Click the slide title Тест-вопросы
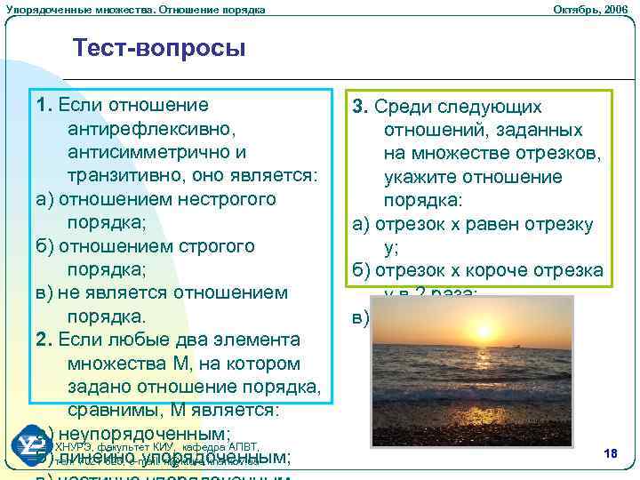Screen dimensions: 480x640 [x=159, y=47]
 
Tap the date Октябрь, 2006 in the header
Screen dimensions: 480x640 [x=590, y=9]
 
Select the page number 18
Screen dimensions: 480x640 [x=610, y=454]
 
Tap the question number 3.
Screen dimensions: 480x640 [x=359, y=107]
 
